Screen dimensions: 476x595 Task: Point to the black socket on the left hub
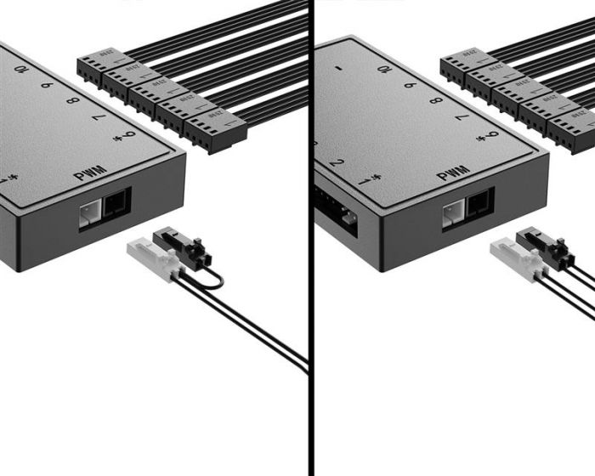click(115, 204)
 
